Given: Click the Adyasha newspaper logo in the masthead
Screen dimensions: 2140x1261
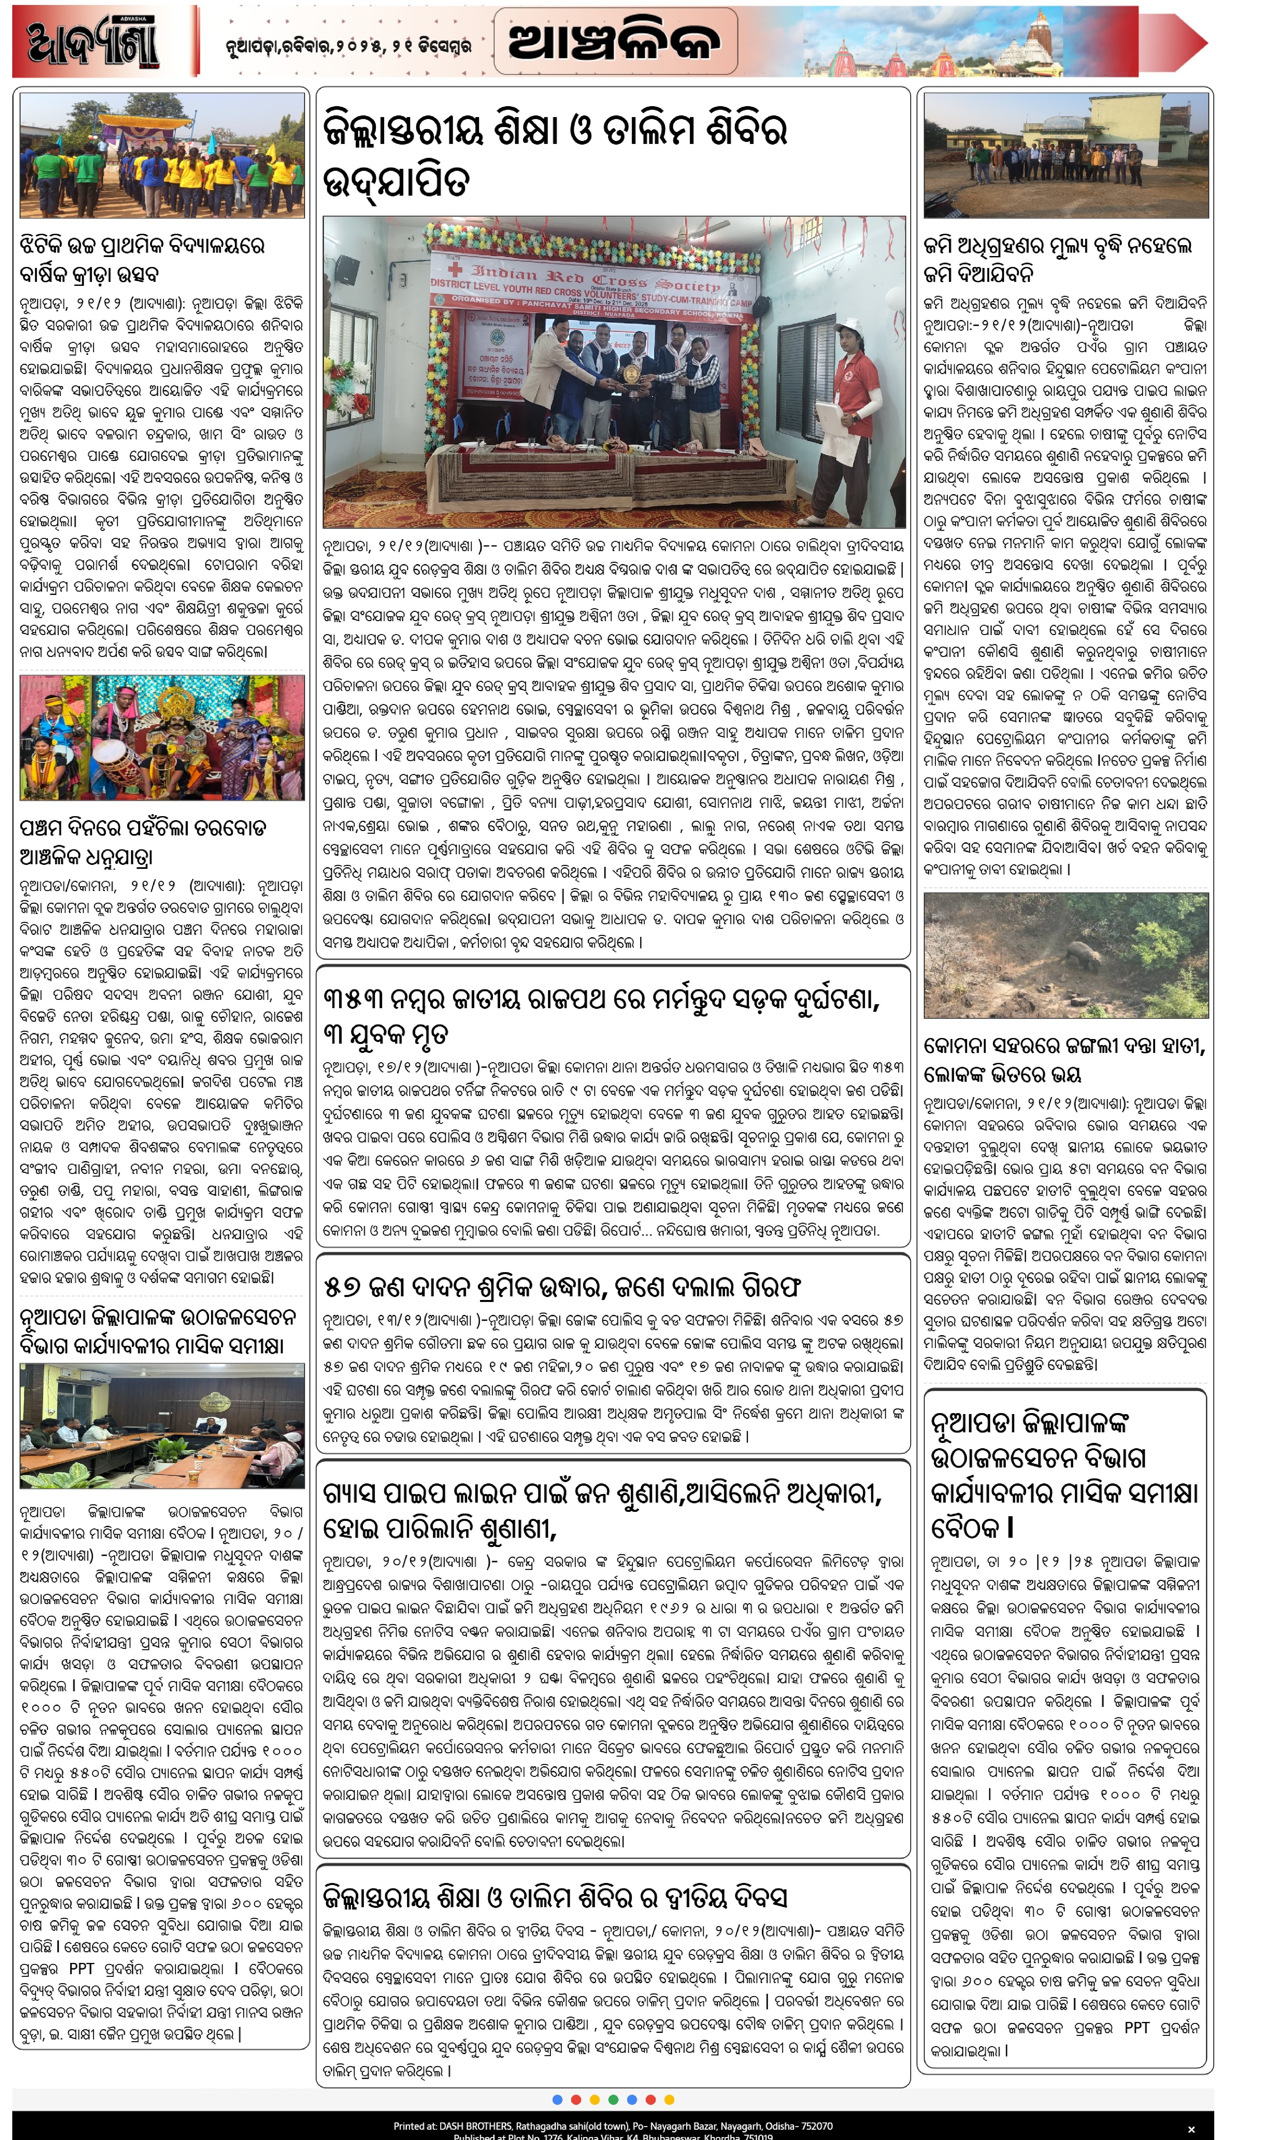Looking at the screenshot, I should point(94,42).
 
